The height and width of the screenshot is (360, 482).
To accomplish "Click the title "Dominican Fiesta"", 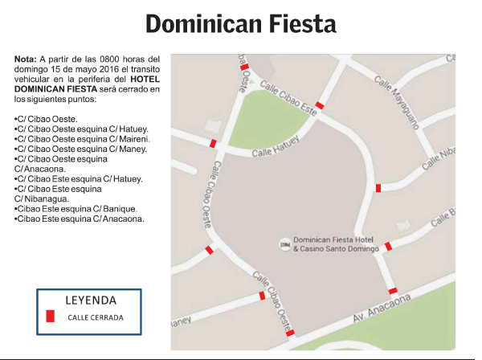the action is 240,24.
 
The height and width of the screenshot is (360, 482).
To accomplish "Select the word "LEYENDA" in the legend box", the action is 90,301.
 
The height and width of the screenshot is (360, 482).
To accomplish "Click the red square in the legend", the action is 50,317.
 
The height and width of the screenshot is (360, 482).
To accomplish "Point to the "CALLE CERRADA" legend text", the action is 96,317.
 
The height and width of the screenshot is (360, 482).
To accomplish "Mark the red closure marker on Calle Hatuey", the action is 213,143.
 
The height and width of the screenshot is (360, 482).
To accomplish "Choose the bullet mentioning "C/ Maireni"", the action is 81,138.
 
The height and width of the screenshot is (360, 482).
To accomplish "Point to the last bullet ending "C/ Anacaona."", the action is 80,218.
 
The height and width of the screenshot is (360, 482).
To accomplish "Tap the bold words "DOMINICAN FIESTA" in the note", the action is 53,89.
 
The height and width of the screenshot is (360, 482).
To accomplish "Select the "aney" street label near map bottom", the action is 182,323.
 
